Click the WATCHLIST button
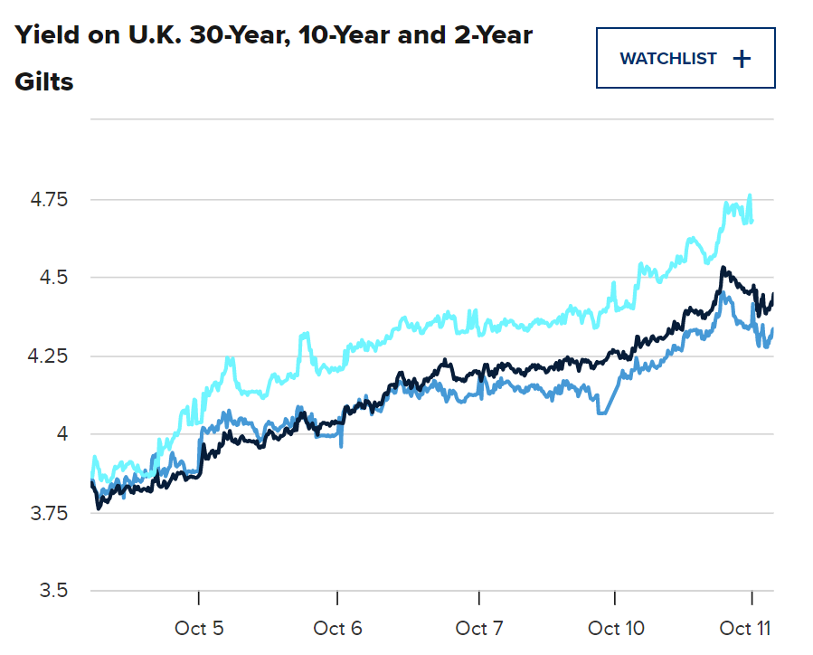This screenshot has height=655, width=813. [685, 59]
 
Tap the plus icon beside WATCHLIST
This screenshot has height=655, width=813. [742, 59]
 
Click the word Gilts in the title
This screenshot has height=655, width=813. [43, 81]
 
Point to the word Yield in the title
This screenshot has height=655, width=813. [46, 35]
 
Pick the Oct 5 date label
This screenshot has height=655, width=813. [197, 628]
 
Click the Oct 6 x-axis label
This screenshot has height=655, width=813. [337, 628]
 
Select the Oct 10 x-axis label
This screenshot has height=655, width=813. [616, 628]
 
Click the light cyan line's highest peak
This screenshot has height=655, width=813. [750, 195]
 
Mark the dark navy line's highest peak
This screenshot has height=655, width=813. [723, 268]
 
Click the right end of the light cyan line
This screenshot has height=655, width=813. [752, 221]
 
